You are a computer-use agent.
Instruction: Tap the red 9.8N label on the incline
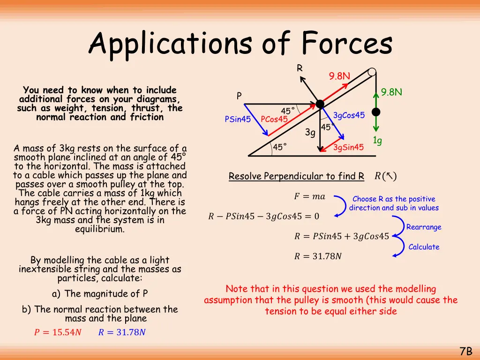click(339, 76)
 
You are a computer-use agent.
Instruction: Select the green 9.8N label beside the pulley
click(392, 92)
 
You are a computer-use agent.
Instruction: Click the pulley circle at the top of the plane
click(372, 72)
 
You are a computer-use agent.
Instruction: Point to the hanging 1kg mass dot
click(375, 112)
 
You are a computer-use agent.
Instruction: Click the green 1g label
click(377, 140)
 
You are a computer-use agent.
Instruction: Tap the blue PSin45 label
click(238, 120)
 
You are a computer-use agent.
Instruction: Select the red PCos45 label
click(274, 120)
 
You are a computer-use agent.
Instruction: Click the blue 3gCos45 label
click(349, 116)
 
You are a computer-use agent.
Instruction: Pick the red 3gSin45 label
click(348, 148)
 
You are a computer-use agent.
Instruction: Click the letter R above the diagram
click(300, 68)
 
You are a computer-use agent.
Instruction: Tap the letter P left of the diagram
click(239, 96)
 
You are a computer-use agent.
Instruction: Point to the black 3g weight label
click(310, 133)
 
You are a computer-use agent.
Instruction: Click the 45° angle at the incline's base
click(280, 148)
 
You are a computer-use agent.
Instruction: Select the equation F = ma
click(309, 197)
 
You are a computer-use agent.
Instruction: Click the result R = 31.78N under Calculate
click(318, 256)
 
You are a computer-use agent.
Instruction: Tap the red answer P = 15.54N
click(58, 333)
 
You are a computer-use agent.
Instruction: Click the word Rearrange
click(424, 227)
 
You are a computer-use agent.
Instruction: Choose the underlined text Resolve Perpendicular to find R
click(296, 177)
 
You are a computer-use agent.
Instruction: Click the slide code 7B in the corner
click(465, 351)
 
